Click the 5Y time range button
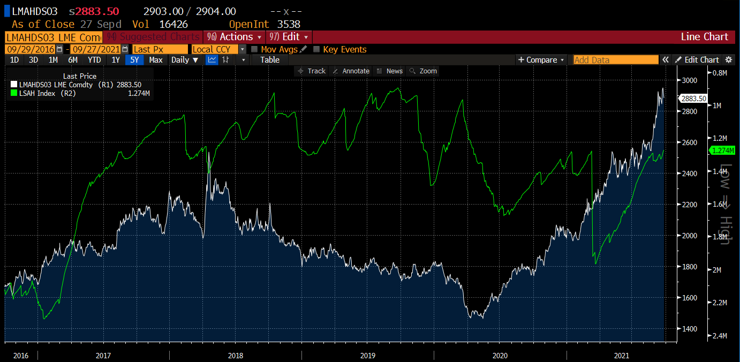133,60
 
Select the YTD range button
94,60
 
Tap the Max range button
156,60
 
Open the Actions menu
236,37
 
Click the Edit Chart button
697,60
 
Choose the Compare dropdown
541,60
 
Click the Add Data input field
616,60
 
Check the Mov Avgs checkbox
254,49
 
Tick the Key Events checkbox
316,49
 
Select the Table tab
270,60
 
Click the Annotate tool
351,71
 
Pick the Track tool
312,71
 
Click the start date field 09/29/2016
30,49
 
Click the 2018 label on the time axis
235,355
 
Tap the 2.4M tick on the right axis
719,336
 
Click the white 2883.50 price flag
693,99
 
